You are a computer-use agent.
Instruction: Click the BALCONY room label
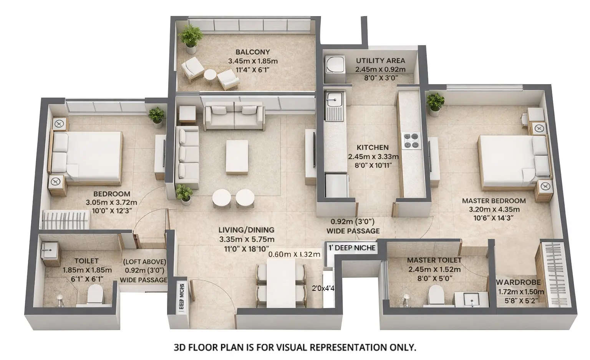click(252, 52)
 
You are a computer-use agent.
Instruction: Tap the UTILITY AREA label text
click(380, 60)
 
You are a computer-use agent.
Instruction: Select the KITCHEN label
click(372, 147)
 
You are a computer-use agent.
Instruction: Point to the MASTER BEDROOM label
click(494, 201)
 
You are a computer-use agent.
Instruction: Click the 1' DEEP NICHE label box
click(352, 248)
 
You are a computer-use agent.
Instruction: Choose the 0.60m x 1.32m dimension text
click(294, 254)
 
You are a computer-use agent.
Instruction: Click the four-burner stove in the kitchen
click(411, 141)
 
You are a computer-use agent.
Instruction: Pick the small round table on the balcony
click(210, 75)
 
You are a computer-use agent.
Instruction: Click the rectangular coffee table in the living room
click(237, 157)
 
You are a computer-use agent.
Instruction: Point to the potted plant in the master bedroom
click(435, 103)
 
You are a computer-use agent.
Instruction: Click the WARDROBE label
click(519, 282)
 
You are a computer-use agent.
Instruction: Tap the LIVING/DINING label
click(246, 230)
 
